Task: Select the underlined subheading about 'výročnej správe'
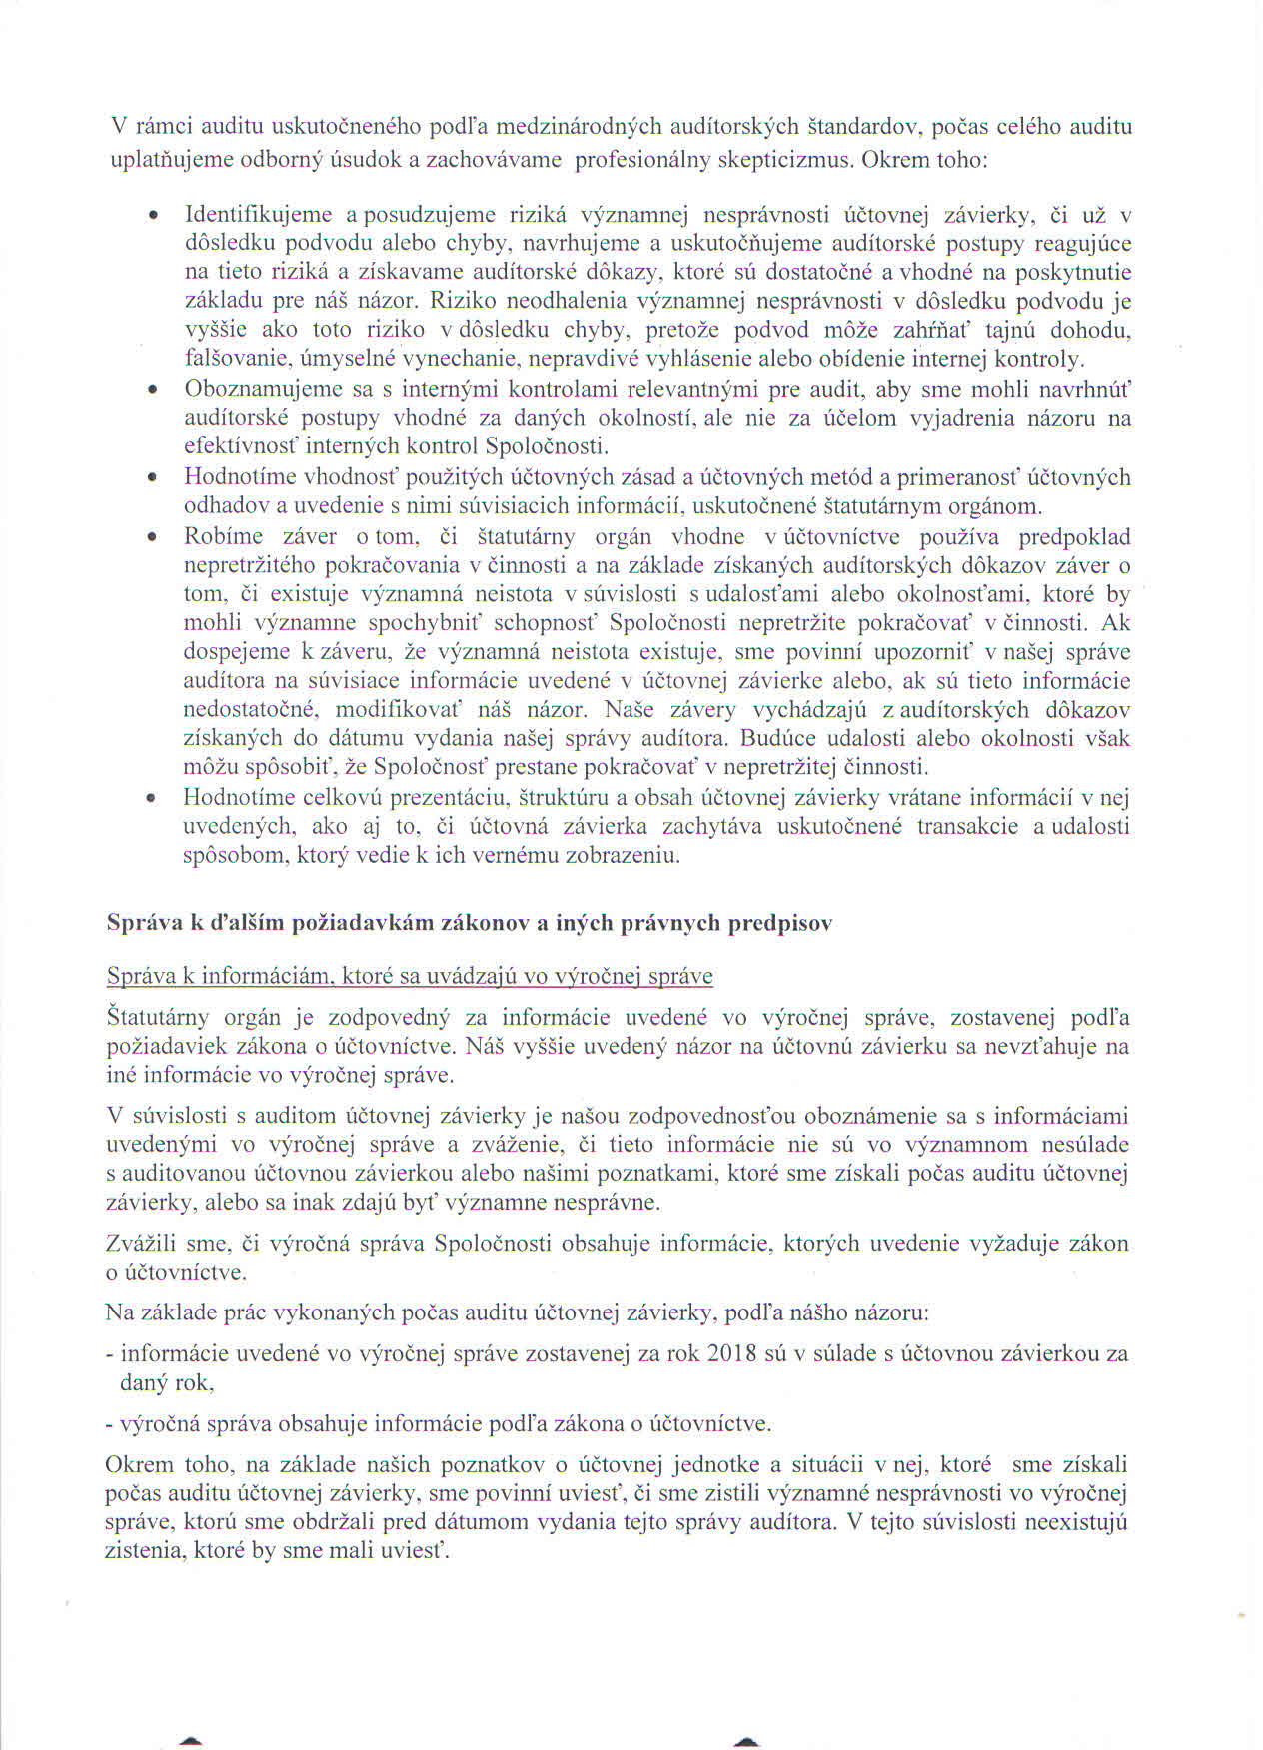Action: click(x=410, y=976)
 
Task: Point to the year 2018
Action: click(x=731, y=1354)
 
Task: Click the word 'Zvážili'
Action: click(x=140, y=1244)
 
